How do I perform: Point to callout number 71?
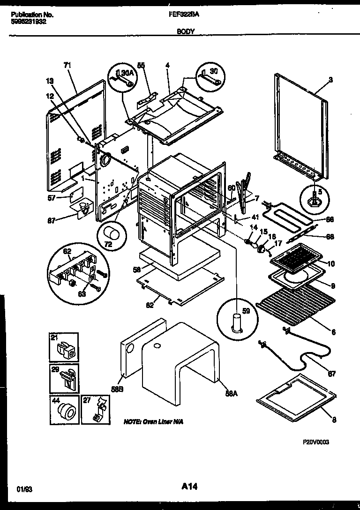(x=67, y=66)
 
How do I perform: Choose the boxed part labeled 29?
(x=65, y=378)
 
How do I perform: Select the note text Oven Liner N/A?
(x=153, y=422)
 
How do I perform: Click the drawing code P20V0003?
(x=309, y=442)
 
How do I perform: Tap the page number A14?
(x=187, y=487)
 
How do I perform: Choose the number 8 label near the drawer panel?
(x=334, y=420)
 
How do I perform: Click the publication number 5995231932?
(x=29, y=22)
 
